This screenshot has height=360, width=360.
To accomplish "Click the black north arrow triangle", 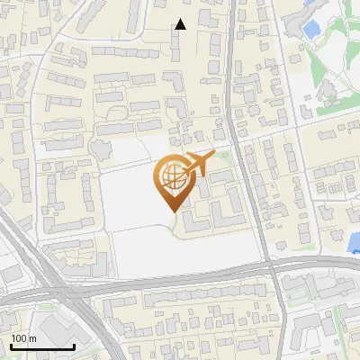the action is tap(180, 24).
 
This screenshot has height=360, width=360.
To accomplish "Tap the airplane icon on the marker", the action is tap(199, 165).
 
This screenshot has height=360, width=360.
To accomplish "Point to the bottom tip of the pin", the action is tap(172, 211).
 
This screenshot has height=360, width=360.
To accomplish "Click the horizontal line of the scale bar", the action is tap(42, 346).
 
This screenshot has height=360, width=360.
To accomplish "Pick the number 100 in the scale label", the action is tap(19, 338).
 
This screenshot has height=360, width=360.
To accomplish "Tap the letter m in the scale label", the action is tap(32, 338).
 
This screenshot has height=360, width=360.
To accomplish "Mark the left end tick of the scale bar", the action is tap(11, 345).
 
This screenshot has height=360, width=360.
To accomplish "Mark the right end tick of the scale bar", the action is tap(74, 345).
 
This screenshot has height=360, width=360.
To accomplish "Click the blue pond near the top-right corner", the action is tap(312, 30).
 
